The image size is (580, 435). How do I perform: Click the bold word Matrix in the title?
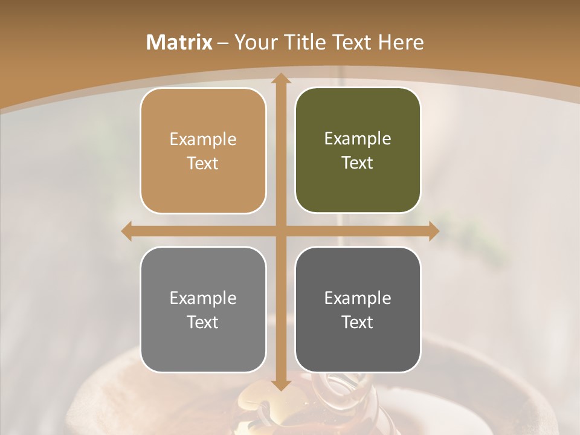[179, 42]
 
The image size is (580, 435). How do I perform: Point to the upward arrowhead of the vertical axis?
[280, 79]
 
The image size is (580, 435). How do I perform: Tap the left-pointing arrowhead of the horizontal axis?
[127, 231]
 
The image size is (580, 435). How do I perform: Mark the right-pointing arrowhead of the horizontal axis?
[433, 231]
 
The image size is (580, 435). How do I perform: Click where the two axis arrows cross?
[280, 231]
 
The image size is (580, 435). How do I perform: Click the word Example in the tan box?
[203, 140]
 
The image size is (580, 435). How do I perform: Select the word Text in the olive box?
[358, 163]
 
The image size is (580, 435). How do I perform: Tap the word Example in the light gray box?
[203, 298]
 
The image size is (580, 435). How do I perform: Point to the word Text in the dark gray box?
[358, 323]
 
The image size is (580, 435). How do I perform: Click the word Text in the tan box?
[203, 164]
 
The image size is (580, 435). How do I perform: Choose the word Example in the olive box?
[358, 139]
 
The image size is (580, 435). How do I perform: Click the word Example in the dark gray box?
[358, 298]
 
